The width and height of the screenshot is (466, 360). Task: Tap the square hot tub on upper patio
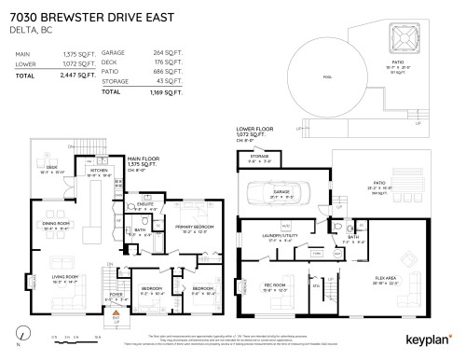401,38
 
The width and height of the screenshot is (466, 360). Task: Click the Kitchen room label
98,173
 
